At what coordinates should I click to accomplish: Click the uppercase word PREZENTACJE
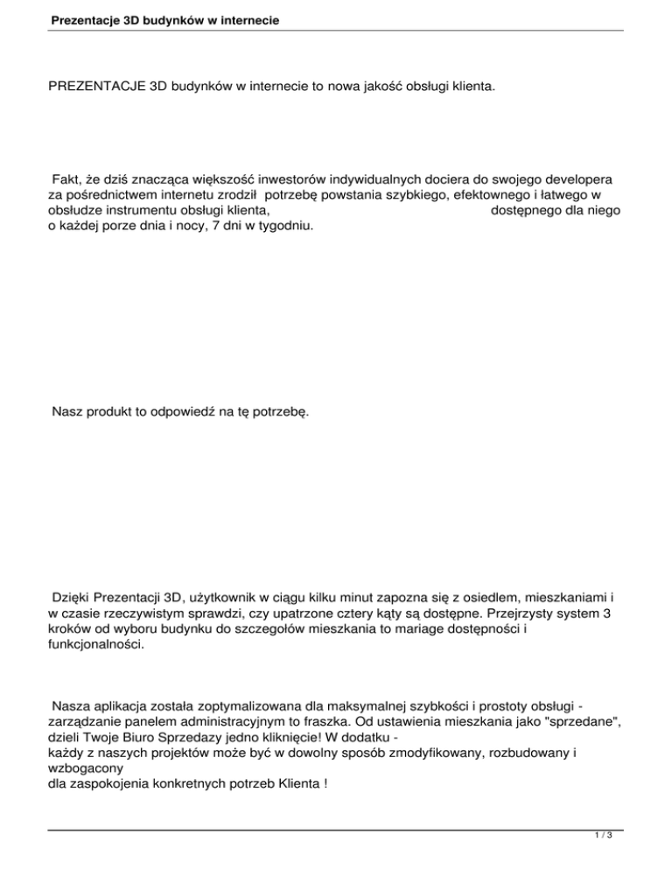(x=97, y=88)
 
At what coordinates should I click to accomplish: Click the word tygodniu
(x=282, y=225)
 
